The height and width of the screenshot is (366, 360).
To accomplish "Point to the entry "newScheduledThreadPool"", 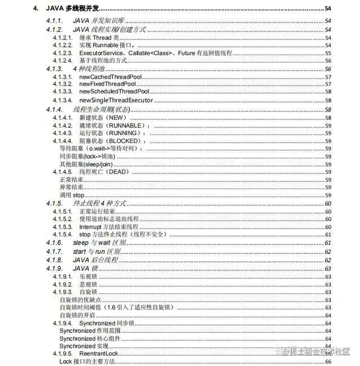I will tap(114, 92).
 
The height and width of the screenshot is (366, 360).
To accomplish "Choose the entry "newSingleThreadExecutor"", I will tap(116, 100).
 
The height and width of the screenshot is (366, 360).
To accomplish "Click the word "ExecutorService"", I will tap(98, 52).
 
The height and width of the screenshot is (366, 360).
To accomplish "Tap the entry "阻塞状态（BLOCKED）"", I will tap(111, 140).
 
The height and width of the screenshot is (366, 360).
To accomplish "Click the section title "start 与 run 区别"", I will tap(98, 251).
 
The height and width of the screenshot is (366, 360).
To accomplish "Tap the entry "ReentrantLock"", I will tap(98, 353).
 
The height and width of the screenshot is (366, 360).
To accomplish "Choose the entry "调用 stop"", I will tap(71, 194).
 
